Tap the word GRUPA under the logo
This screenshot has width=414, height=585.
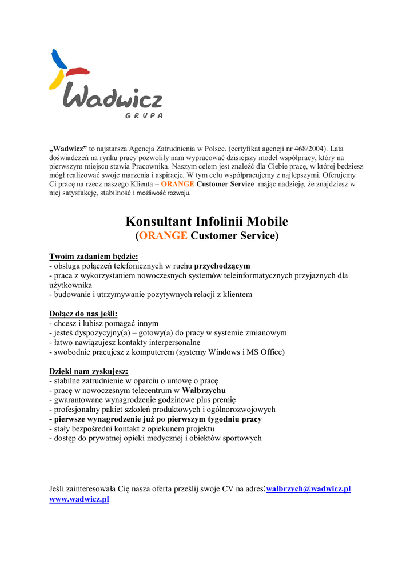pos(144,115)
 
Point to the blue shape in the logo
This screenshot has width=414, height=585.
pos(58,59)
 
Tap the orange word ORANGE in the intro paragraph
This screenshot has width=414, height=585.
pos(177,185)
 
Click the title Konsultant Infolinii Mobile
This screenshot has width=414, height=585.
pos(207,221)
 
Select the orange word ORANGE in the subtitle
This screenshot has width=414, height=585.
pos(163,235)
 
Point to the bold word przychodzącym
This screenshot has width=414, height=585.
pos(222,266)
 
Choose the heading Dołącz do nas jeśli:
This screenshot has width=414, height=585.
pos(83,314)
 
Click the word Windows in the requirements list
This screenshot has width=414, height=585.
pos(225,352)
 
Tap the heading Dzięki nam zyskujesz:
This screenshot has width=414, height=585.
pos(89,371)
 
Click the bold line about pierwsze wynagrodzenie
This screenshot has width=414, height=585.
pos(156,419)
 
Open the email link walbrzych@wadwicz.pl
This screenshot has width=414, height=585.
pos(308,490)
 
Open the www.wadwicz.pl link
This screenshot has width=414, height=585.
pos(79,499)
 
